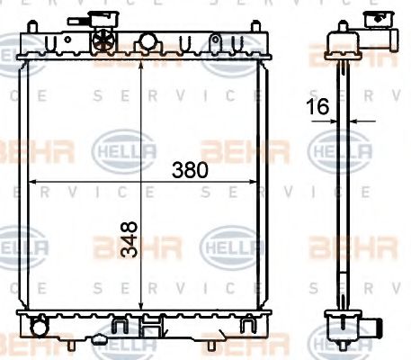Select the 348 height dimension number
click(130, 240)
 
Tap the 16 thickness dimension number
click(317, 106)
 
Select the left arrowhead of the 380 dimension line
click(33, 182)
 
